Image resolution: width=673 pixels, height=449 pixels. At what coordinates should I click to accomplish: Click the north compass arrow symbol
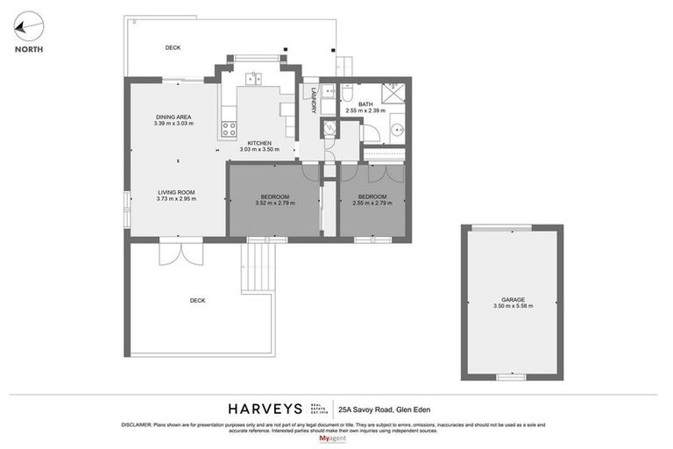click(29, 27)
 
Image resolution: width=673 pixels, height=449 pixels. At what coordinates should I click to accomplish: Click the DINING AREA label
click(174, 117)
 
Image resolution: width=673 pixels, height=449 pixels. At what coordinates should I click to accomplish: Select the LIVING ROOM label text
click(176, 192)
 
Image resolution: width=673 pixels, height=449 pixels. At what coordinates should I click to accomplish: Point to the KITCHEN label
click(259, 143)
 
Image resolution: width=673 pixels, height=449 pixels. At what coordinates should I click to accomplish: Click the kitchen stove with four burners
click(229, 130)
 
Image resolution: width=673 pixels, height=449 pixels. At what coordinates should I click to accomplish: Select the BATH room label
click(365, 104)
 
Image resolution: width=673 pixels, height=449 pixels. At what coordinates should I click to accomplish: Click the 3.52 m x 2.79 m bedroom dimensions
click(275, 203)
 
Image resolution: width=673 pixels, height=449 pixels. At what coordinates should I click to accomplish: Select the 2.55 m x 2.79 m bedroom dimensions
click(372, 203)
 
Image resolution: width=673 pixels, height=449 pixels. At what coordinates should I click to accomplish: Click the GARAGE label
click(514, 299)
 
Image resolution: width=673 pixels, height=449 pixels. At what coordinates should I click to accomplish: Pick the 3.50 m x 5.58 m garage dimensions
click(514, 306)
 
